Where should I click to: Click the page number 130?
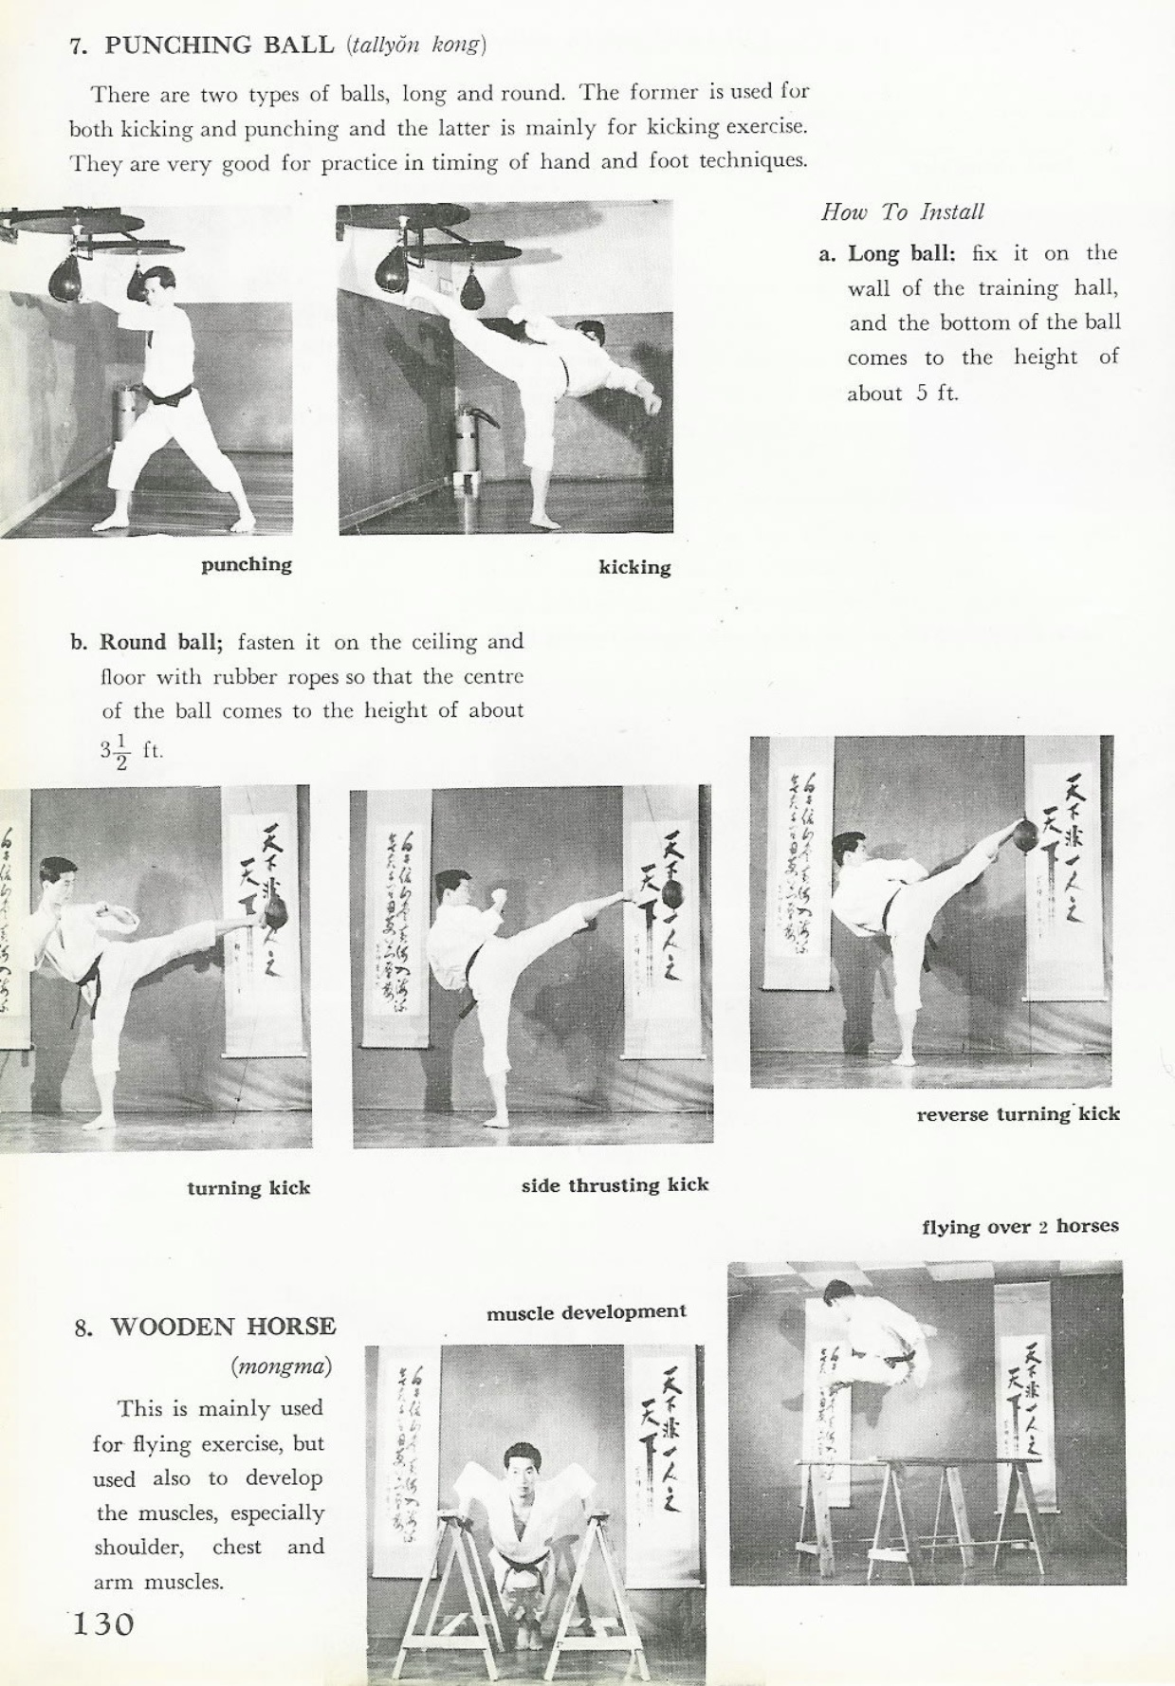point(103,1623)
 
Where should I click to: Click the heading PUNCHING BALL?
point(219,45)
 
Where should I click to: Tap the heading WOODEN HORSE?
point(223,1326)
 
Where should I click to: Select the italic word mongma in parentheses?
point(281,1366)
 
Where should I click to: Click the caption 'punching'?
point(247,565)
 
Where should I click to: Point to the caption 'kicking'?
point(634,568)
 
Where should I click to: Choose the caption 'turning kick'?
point(248,1188)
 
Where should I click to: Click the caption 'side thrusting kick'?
point(615,1185)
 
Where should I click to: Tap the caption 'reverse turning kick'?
point(1018,1114)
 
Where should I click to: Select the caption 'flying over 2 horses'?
point(1019,1226)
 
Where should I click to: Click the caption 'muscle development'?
point(586,1312)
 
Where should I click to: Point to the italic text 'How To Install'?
point(902,211)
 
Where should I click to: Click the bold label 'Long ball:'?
point(901,253)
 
